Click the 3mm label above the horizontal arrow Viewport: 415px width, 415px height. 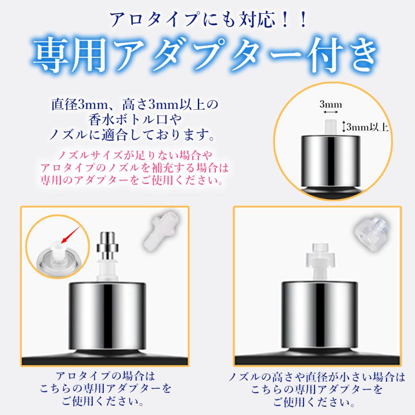coord(331,105)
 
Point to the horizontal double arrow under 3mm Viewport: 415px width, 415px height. coord(331,113)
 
